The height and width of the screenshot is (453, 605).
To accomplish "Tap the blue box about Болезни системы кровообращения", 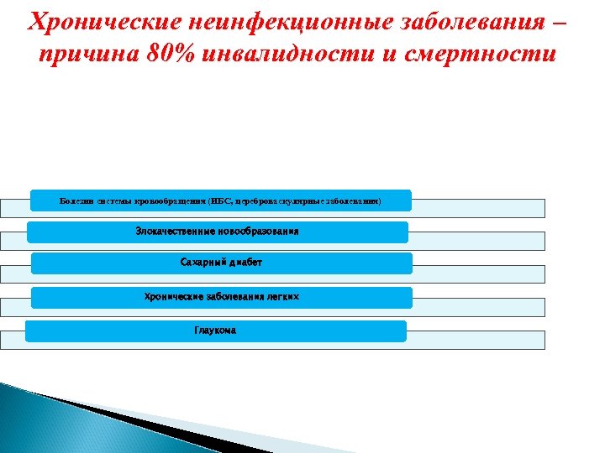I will [x=220, y=200].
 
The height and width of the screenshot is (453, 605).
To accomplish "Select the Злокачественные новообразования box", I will [x=217, y=232].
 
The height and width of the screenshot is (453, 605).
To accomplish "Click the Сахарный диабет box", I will [x=221, y=263].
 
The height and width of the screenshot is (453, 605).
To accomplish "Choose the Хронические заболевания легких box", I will [x=221, y=297].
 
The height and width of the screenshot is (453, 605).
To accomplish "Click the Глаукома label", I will [x=215, y=331].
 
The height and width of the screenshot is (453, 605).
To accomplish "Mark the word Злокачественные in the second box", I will [x=172, y=231].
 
